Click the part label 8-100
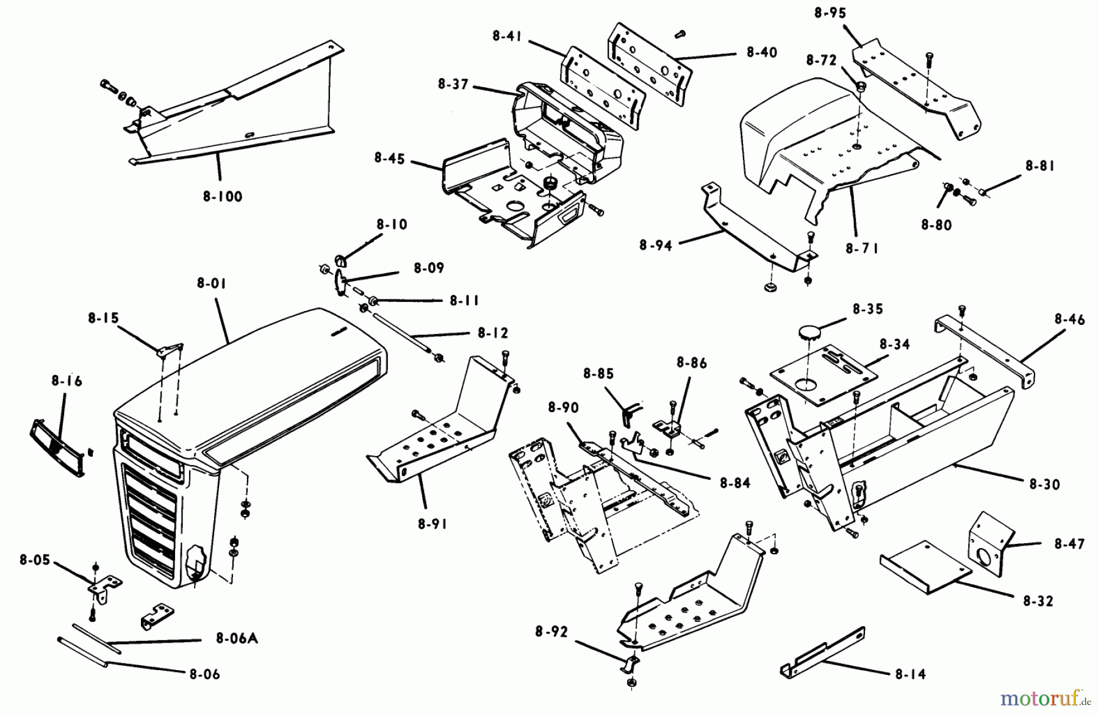click(223, 197)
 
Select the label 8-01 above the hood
click(212, 284)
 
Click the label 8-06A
click(237, 639)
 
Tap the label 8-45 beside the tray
click(390, 159)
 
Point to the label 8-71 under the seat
click(862, 249)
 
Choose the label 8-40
click(762, 52)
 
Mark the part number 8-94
click(656, 245)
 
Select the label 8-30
click(1044, 485)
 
